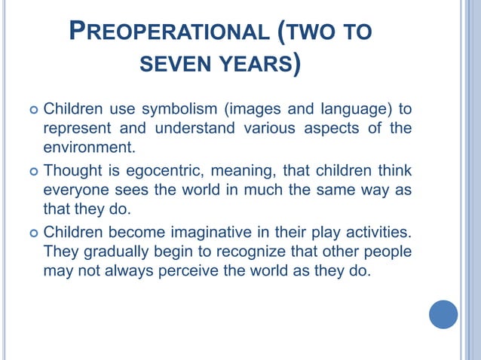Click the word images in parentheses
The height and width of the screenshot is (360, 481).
[249, 111]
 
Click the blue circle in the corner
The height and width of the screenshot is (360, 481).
[443, 314]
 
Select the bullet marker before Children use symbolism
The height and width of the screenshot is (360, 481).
[32, 111]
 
